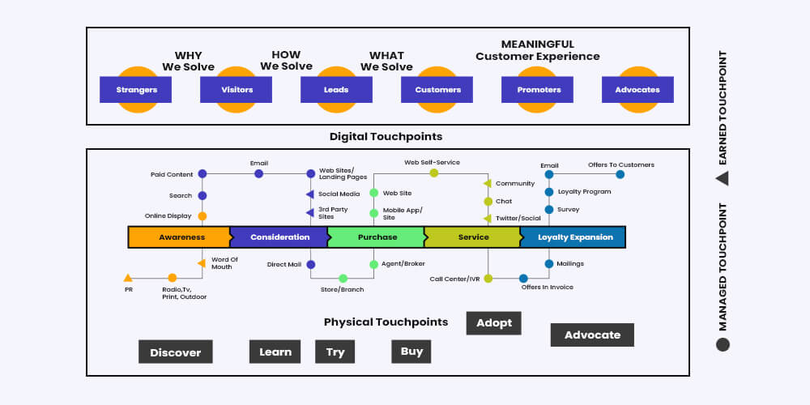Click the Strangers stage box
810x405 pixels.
click(x=136, y=89)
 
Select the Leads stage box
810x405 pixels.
click(x=336, y=89)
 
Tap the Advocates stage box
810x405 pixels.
click(x=637, y=89)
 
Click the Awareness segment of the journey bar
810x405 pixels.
click(x=179, y=237)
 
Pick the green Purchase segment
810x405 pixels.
click(x=376, y=237)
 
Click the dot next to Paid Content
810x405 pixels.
click(x=202, y=174)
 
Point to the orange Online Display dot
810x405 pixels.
click(x=202, y=216)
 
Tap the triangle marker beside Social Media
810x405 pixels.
click(x=310, y=194)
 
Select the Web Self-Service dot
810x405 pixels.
click(x=434, y=173)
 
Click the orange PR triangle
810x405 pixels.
click(x=128, y=278)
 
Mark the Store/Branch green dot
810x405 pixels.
click(x=343, y=279)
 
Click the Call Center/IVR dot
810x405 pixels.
click(x=488, y=279)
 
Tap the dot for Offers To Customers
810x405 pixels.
click(x=620, y=175)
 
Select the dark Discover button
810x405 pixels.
click(x=176, y=352)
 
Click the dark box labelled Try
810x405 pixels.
click(x=335, y=352)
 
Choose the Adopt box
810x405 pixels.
click(x=494, y=323)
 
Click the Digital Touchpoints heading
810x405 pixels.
click(x=386, y=137)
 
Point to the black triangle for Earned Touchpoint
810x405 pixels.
click(x=723, y=178)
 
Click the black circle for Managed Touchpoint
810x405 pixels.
click(x=723, y=344)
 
